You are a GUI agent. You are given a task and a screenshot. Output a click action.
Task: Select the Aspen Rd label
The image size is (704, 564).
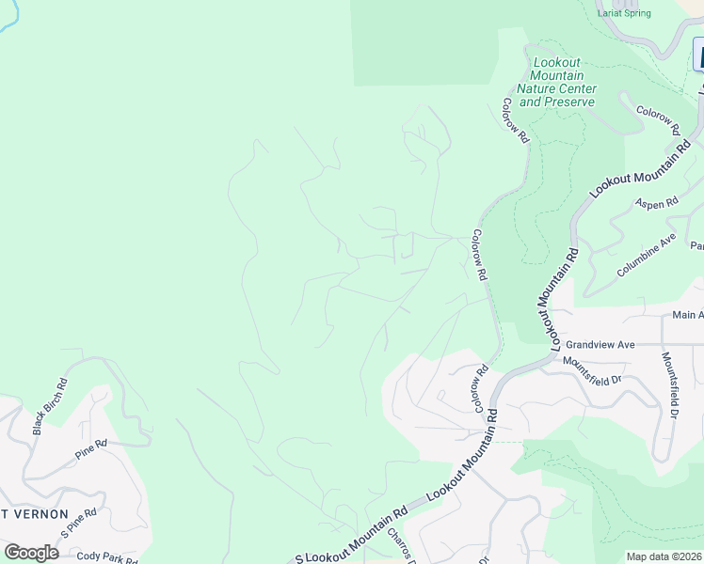pyautogui.click(x=657, y=202)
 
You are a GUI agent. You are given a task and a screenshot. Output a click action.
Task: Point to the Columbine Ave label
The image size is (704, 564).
pyautogui.click(x=647, y=255)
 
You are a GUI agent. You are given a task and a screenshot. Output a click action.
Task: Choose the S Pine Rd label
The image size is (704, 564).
pyautogui.click(x=78, y=525)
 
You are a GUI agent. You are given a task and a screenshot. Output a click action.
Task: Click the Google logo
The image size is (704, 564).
pyautogui.click(x=31, y=553)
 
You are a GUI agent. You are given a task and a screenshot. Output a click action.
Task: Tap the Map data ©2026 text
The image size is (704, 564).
pyautogui.click(x=664, y=556)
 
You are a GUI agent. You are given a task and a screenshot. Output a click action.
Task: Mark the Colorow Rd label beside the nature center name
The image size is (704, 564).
pyautogui.click(x=517, y=119)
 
